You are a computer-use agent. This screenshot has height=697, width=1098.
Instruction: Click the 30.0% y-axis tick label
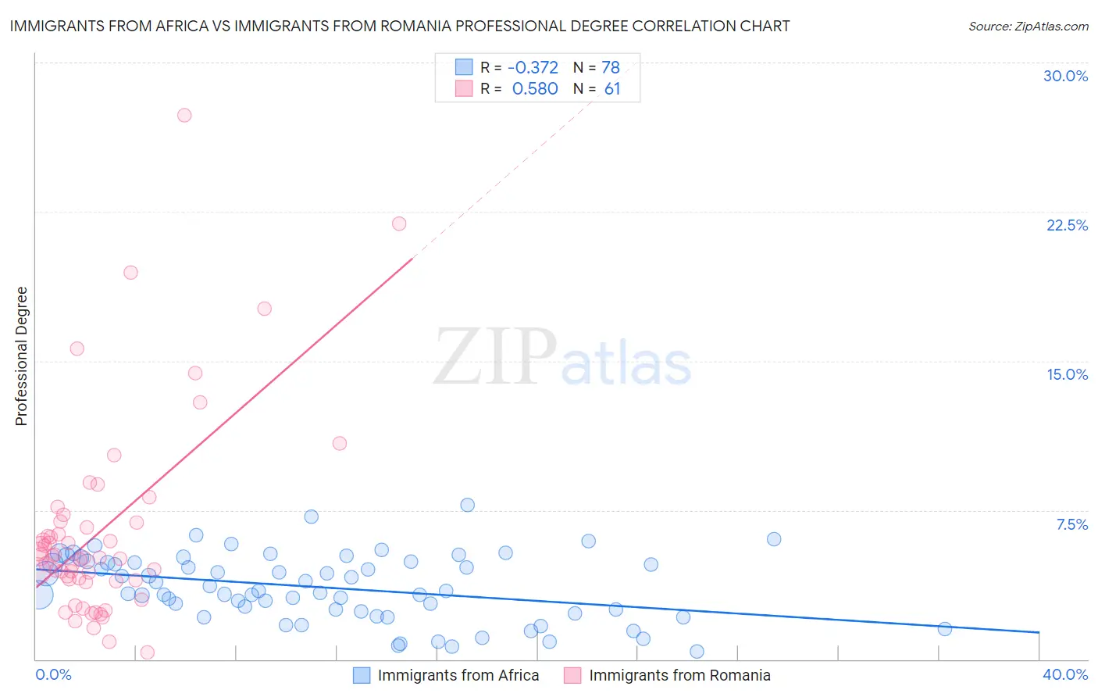(1065, 76)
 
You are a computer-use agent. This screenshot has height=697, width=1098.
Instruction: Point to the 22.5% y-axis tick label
(1067, 225)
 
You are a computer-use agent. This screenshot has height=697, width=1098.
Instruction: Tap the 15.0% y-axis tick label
(1067, 374)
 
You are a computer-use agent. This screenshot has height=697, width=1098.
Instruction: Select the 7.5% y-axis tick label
(1071, 524)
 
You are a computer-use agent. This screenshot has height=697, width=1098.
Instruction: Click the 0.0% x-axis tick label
(53, 674)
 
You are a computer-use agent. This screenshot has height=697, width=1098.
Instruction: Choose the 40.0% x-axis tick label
(1064, 674)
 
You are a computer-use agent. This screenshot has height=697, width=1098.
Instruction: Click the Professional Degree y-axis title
(21, 356)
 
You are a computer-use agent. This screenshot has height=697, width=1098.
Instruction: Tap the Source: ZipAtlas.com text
(1028, 26)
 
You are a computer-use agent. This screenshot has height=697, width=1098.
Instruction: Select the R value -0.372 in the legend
(533, 67)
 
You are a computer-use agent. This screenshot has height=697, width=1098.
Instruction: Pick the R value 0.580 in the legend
(535, 89)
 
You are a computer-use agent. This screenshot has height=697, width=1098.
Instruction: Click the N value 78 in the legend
(611, 67)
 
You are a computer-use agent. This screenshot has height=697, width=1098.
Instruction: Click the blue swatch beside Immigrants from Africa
(361, 675)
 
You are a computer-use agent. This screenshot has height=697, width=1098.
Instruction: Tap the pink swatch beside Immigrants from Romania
(572, 675)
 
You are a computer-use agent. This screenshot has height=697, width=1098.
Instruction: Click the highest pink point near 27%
(184, 115)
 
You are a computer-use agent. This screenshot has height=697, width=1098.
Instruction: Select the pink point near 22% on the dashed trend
(399, 223)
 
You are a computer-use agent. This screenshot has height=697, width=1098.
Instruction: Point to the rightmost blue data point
(944, 629)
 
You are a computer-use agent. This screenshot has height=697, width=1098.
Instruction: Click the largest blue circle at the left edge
(39, 595)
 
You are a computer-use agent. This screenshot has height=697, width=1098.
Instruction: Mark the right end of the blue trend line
(1039, 631)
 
